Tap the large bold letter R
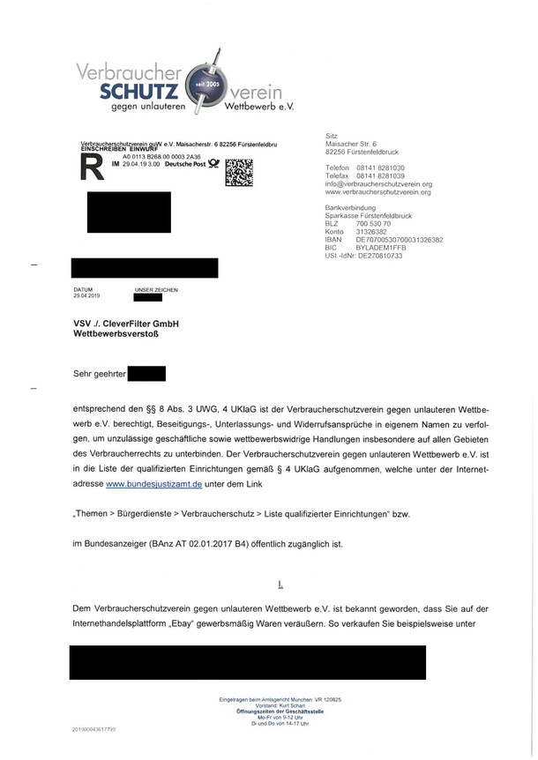[90, 168]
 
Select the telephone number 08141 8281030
[380, 167]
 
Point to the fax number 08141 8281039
[380, 175]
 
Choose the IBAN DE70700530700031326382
[399, 240]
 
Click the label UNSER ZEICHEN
[156, 290]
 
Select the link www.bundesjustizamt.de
[154, 484]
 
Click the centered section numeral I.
[280, 584]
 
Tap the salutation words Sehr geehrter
[100, 374]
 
